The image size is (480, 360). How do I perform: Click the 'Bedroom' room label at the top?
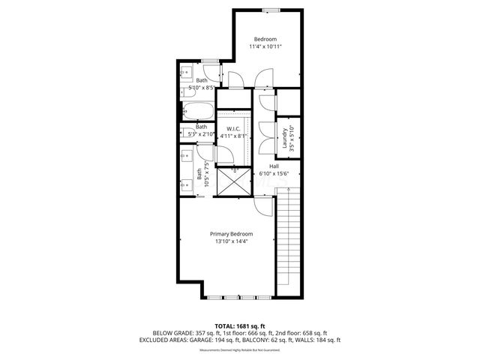point(265,39)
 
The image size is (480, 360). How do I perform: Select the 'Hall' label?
point(274,166)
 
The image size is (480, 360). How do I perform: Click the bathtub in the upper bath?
point(199,112)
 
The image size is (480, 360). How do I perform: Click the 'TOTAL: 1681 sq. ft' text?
point(239,325)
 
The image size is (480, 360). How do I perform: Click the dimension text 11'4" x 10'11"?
point(265,46)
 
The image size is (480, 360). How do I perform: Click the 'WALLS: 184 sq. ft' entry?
point(321,340)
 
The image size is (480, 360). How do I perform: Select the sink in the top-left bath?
point(185,73)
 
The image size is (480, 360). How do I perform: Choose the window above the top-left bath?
point(210,59)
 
